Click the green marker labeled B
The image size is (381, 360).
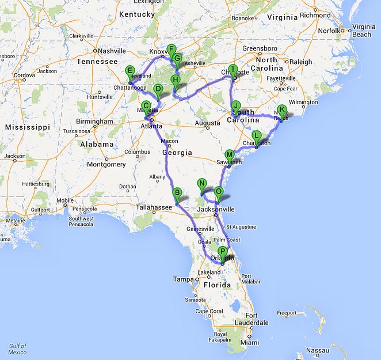177,193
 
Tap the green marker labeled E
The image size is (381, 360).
129,71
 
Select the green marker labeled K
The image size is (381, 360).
281,109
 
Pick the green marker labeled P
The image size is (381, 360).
223,251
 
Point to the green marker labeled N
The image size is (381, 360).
201,184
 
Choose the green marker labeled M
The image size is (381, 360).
230,155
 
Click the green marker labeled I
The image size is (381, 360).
233,69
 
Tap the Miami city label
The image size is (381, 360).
250,342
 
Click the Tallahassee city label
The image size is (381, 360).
154,207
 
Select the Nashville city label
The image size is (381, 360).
111,51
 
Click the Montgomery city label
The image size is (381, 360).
106,164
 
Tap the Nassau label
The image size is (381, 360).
318,350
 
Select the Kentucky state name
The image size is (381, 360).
136,14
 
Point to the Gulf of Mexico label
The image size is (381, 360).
17,349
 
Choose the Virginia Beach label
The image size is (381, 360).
363,31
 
